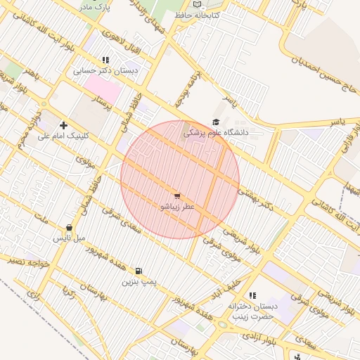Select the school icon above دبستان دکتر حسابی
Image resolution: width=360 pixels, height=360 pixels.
coord(105,60)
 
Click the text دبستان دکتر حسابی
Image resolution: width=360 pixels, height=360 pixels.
coord(105,71)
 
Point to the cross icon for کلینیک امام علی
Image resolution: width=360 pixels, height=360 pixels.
coord(63,125)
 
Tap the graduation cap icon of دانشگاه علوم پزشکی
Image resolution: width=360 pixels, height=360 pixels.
coord(215,122)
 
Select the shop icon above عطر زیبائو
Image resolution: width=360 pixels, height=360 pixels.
coord(176,197)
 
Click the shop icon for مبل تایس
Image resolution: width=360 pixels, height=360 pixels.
coord(69,228)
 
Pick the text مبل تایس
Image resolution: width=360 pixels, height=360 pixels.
coord(70,238)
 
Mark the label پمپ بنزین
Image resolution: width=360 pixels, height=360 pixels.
coord(138,281)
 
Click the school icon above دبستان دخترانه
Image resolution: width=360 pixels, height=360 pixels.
coord(252,295)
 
